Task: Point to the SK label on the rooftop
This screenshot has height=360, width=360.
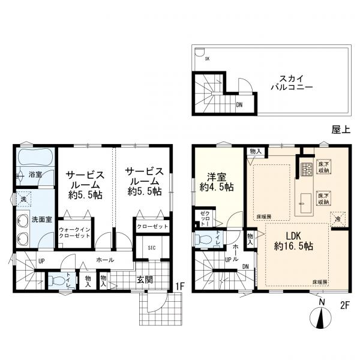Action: click(x=207, y=59)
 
